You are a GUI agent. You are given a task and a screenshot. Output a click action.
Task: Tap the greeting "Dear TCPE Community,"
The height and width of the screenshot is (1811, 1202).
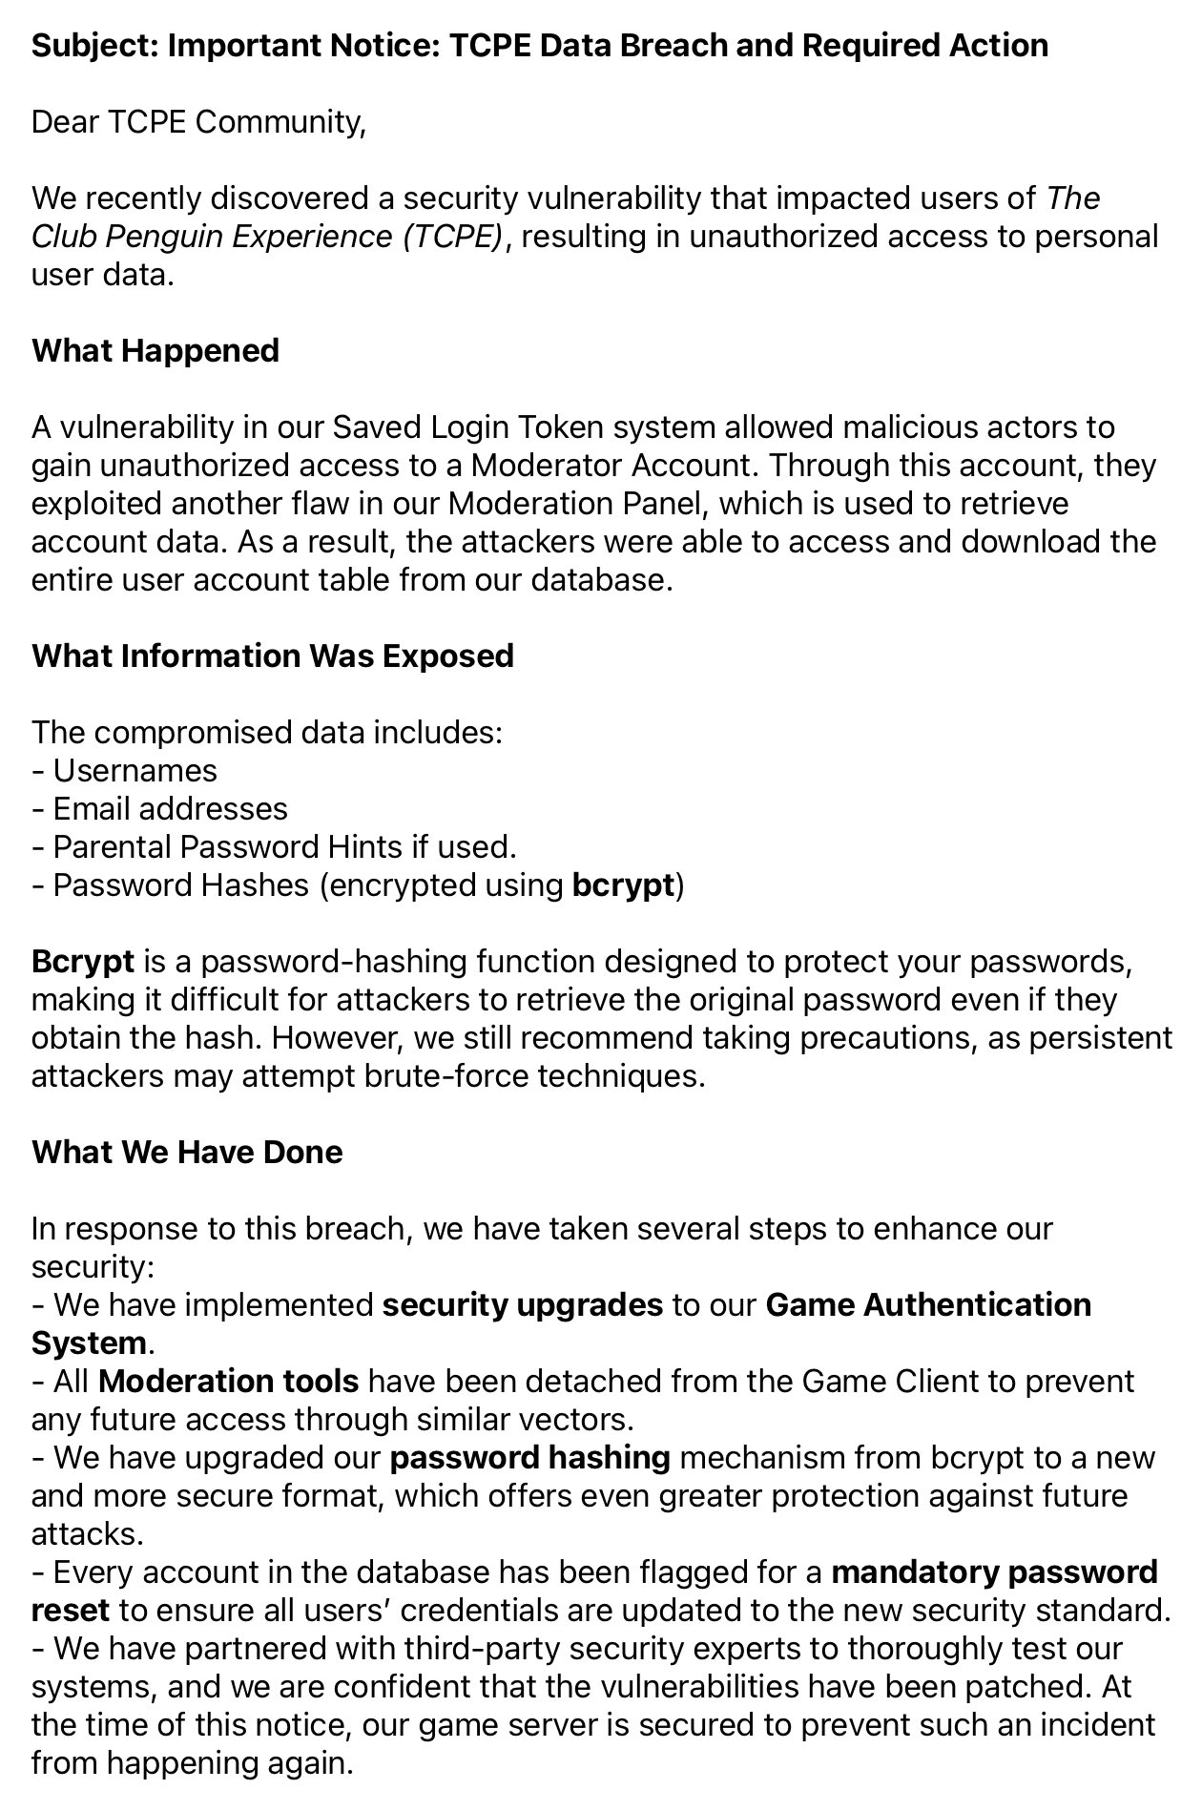click(x=198, y=122)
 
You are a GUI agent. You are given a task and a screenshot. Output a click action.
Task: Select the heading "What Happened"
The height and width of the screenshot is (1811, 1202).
click(x=155, y=351)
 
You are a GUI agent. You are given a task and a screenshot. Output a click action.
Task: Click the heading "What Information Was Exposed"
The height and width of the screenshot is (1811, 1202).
click(x=273, y=656)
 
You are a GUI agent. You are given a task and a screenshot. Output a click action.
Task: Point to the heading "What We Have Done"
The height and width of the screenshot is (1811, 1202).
click(x=187, y=1153)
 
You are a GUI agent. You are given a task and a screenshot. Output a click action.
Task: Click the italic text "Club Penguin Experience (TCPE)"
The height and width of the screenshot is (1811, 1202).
click(x=267, y=237)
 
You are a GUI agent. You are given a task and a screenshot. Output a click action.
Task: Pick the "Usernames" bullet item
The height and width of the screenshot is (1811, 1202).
click(x=135, y=771)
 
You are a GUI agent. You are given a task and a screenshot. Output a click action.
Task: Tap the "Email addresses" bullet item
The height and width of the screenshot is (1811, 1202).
click(x=170, y=809)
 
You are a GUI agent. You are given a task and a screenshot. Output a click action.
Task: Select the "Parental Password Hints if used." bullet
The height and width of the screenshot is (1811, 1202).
click(x=283, y=847)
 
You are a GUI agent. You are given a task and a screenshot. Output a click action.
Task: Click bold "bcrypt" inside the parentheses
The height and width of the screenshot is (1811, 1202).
click(x=623, y=885)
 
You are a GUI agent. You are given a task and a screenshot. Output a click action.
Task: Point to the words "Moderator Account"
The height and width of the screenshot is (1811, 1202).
click(x=611, y=466)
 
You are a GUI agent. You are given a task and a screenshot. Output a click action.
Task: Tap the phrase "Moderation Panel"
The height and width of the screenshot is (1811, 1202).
click(x=569, y=504)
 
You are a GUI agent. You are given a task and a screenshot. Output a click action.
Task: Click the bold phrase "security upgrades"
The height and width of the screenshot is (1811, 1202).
click(x=522, y=1305)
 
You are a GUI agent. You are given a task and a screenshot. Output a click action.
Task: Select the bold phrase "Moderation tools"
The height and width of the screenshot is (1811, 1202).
click(x=228, y=1382)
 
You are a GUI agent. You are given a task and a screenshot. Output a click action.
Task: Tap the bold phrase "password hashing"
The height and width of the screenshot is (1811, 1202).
click(x=529, y=1458)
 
